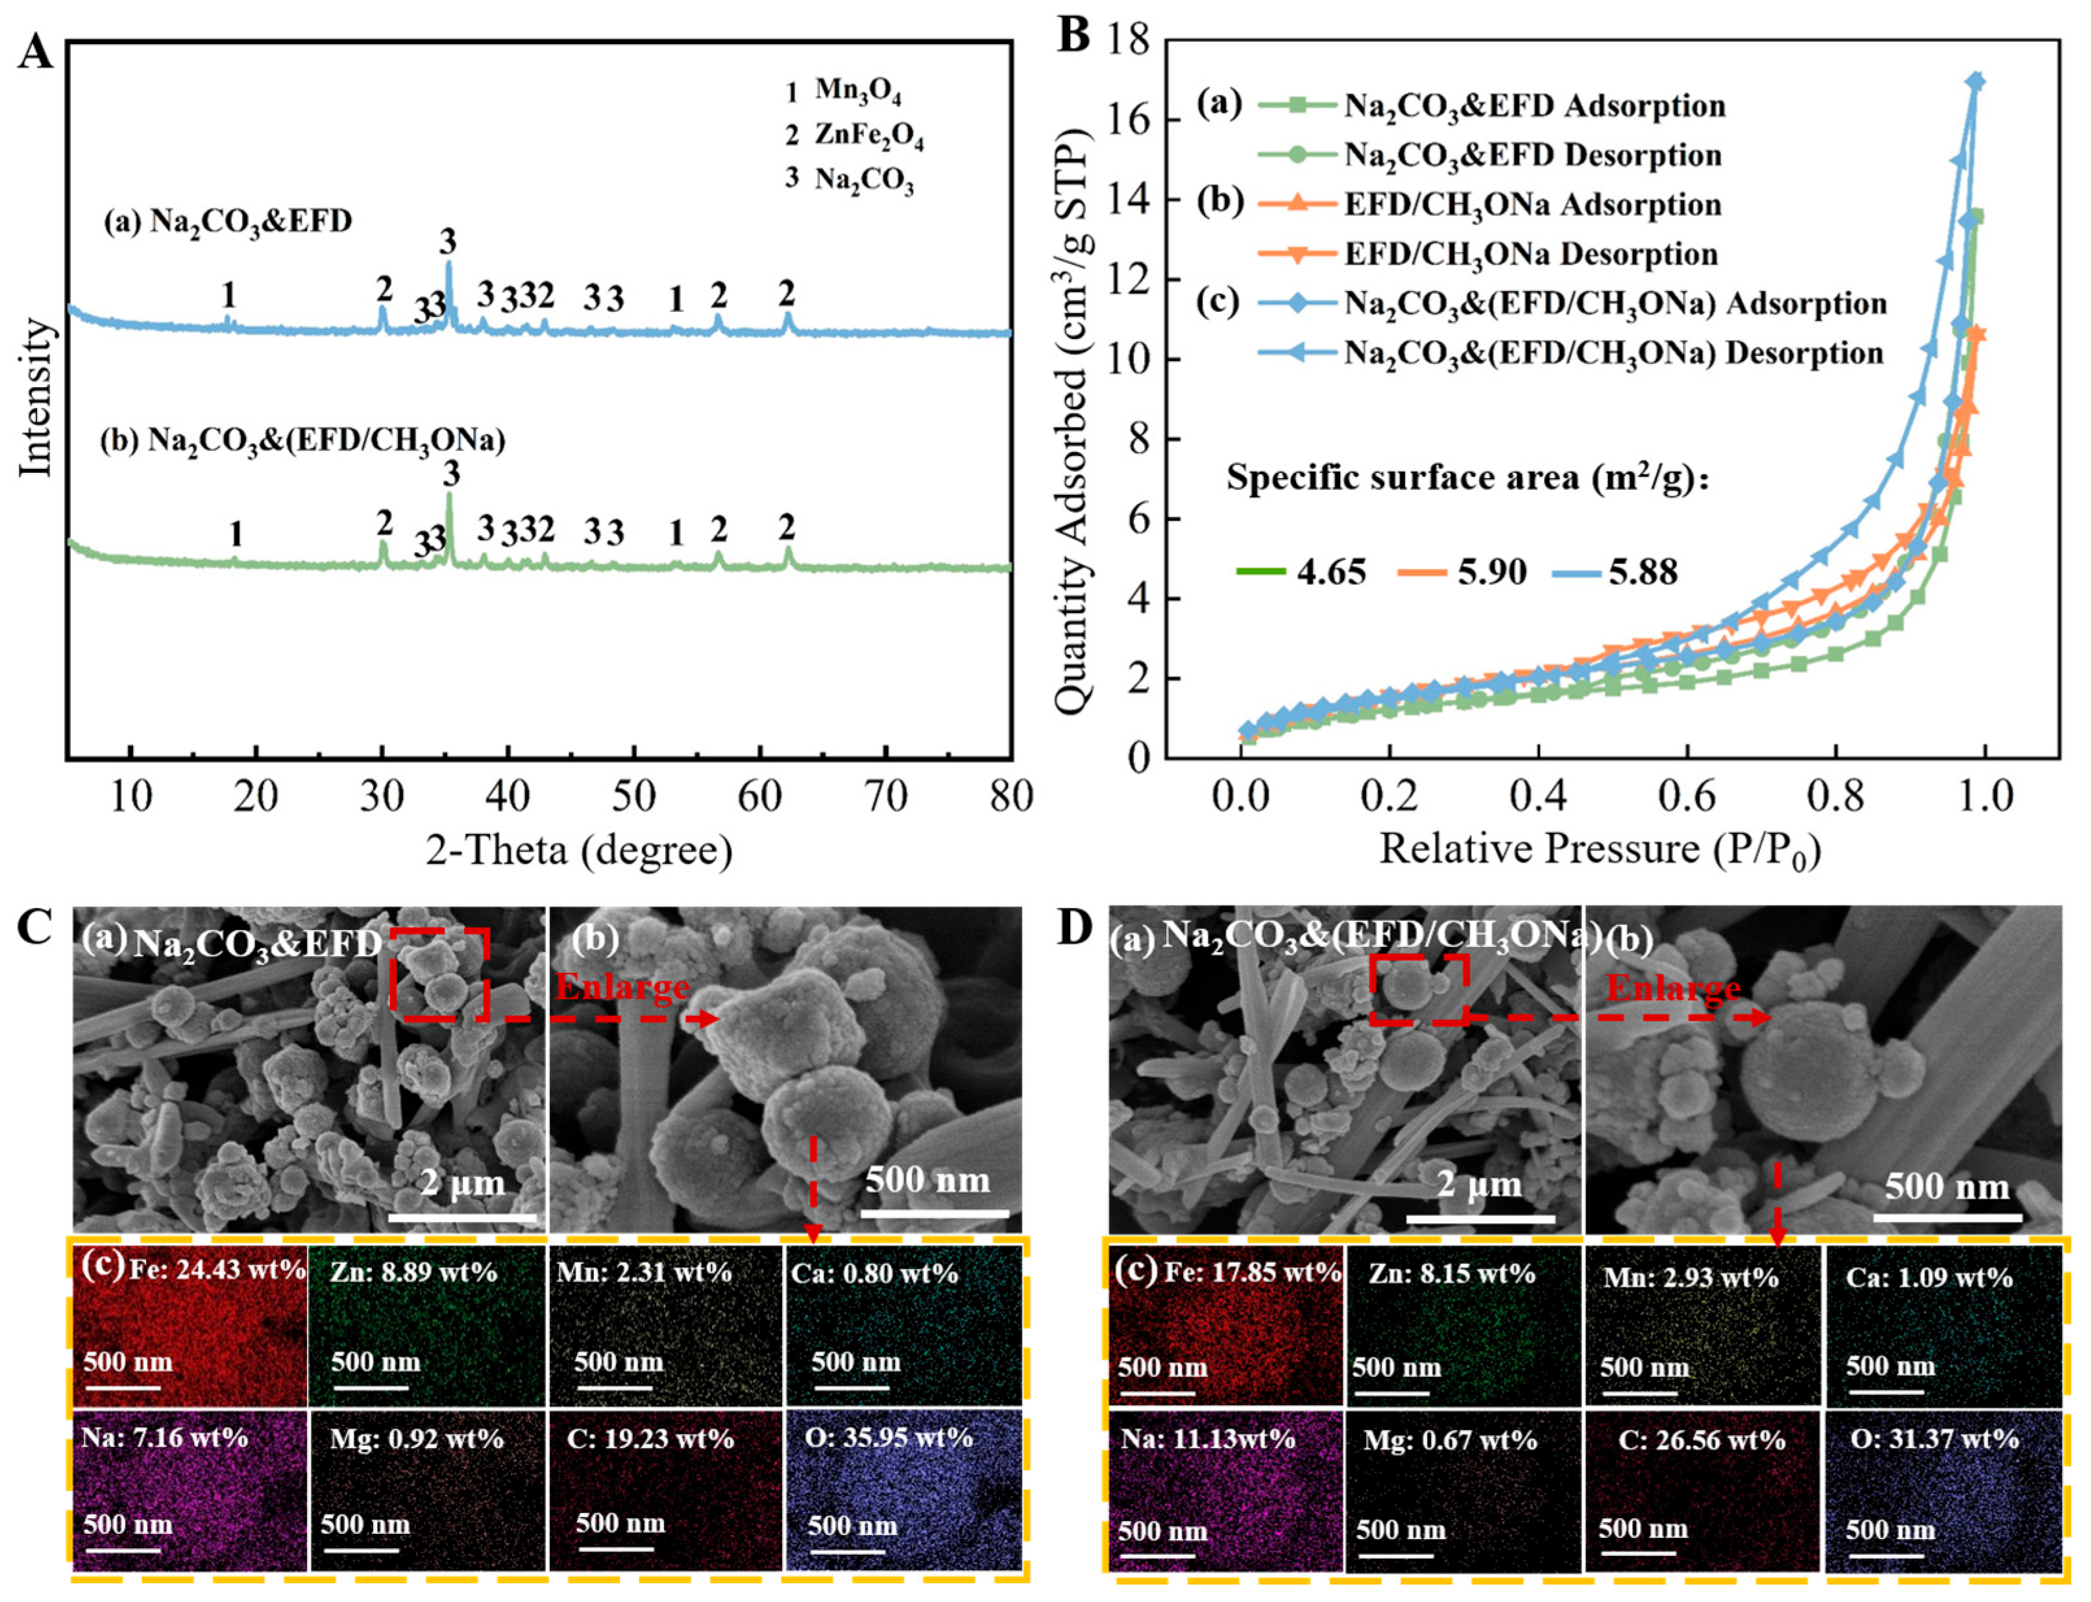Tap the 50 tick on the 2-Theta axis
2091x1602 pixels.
coord(633,795)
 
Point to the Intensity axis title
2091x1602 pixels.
coord(36,399)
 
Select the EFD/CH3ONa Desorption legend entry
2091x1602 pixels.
coord(1530,254)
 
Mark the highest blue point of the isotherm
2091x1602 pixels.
coord(1975,81)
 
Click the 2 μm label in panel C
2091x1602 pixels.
coord(463,1184)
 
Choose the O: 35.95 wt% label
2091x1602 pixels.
coord(888,1437)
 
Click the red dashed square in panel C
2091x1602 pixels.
coord(441,974)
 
